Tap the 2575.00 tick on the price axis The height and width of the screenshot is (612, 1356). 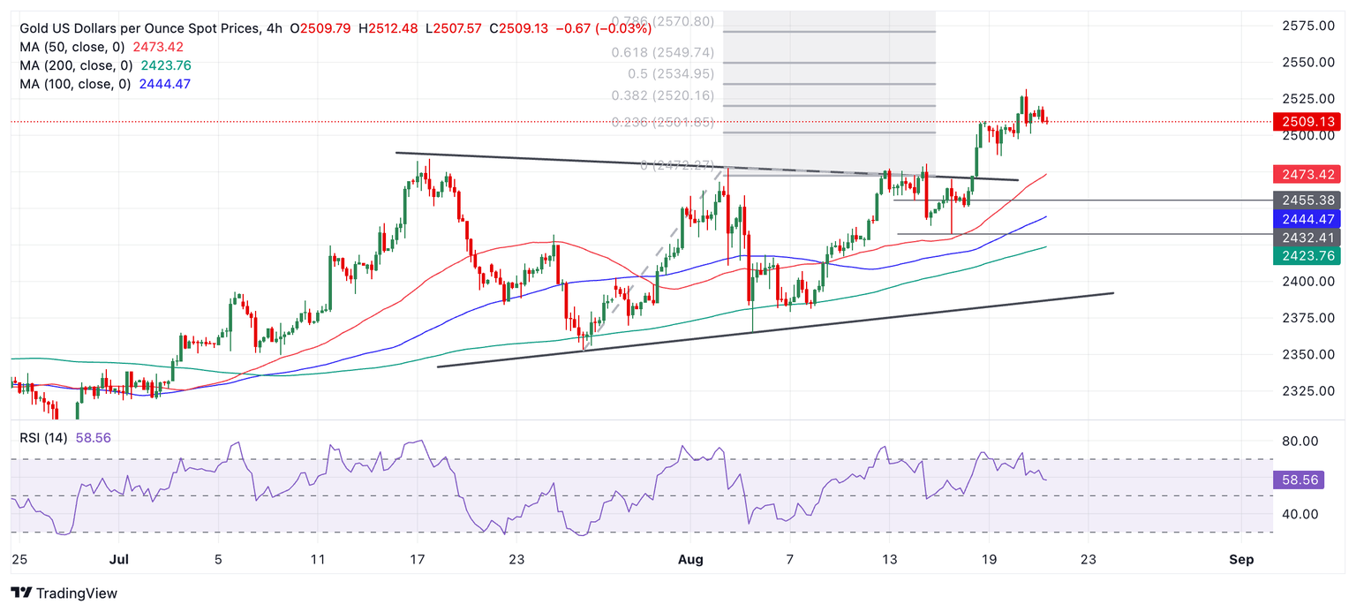[1307, 26]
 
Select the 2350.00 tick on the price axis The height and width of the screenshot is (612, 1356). [1307, 354]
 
